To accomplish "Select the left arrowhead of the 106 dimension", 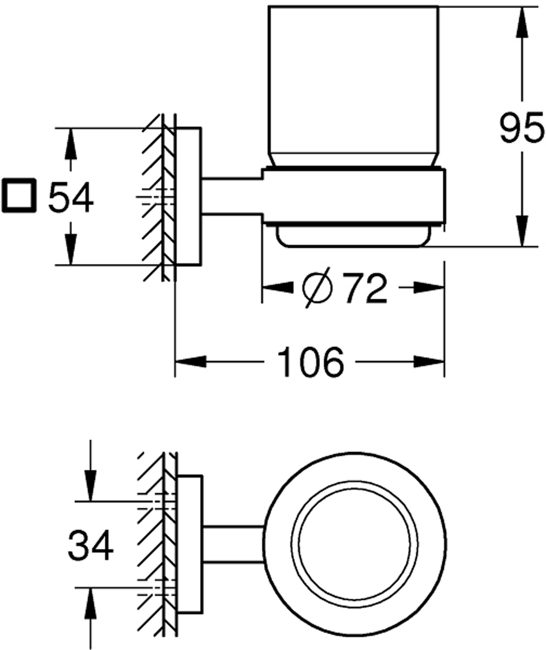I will coord(191,362).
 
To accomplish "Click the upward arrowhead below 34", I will coord(90,603).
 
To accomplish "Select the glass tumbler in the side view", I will coord(352,86).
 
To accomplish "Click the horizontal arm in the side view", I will coord(232,197).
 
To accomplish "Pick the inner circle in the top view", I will coord(356,546).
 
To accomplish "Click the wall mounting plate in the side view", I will coord(188,197).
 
